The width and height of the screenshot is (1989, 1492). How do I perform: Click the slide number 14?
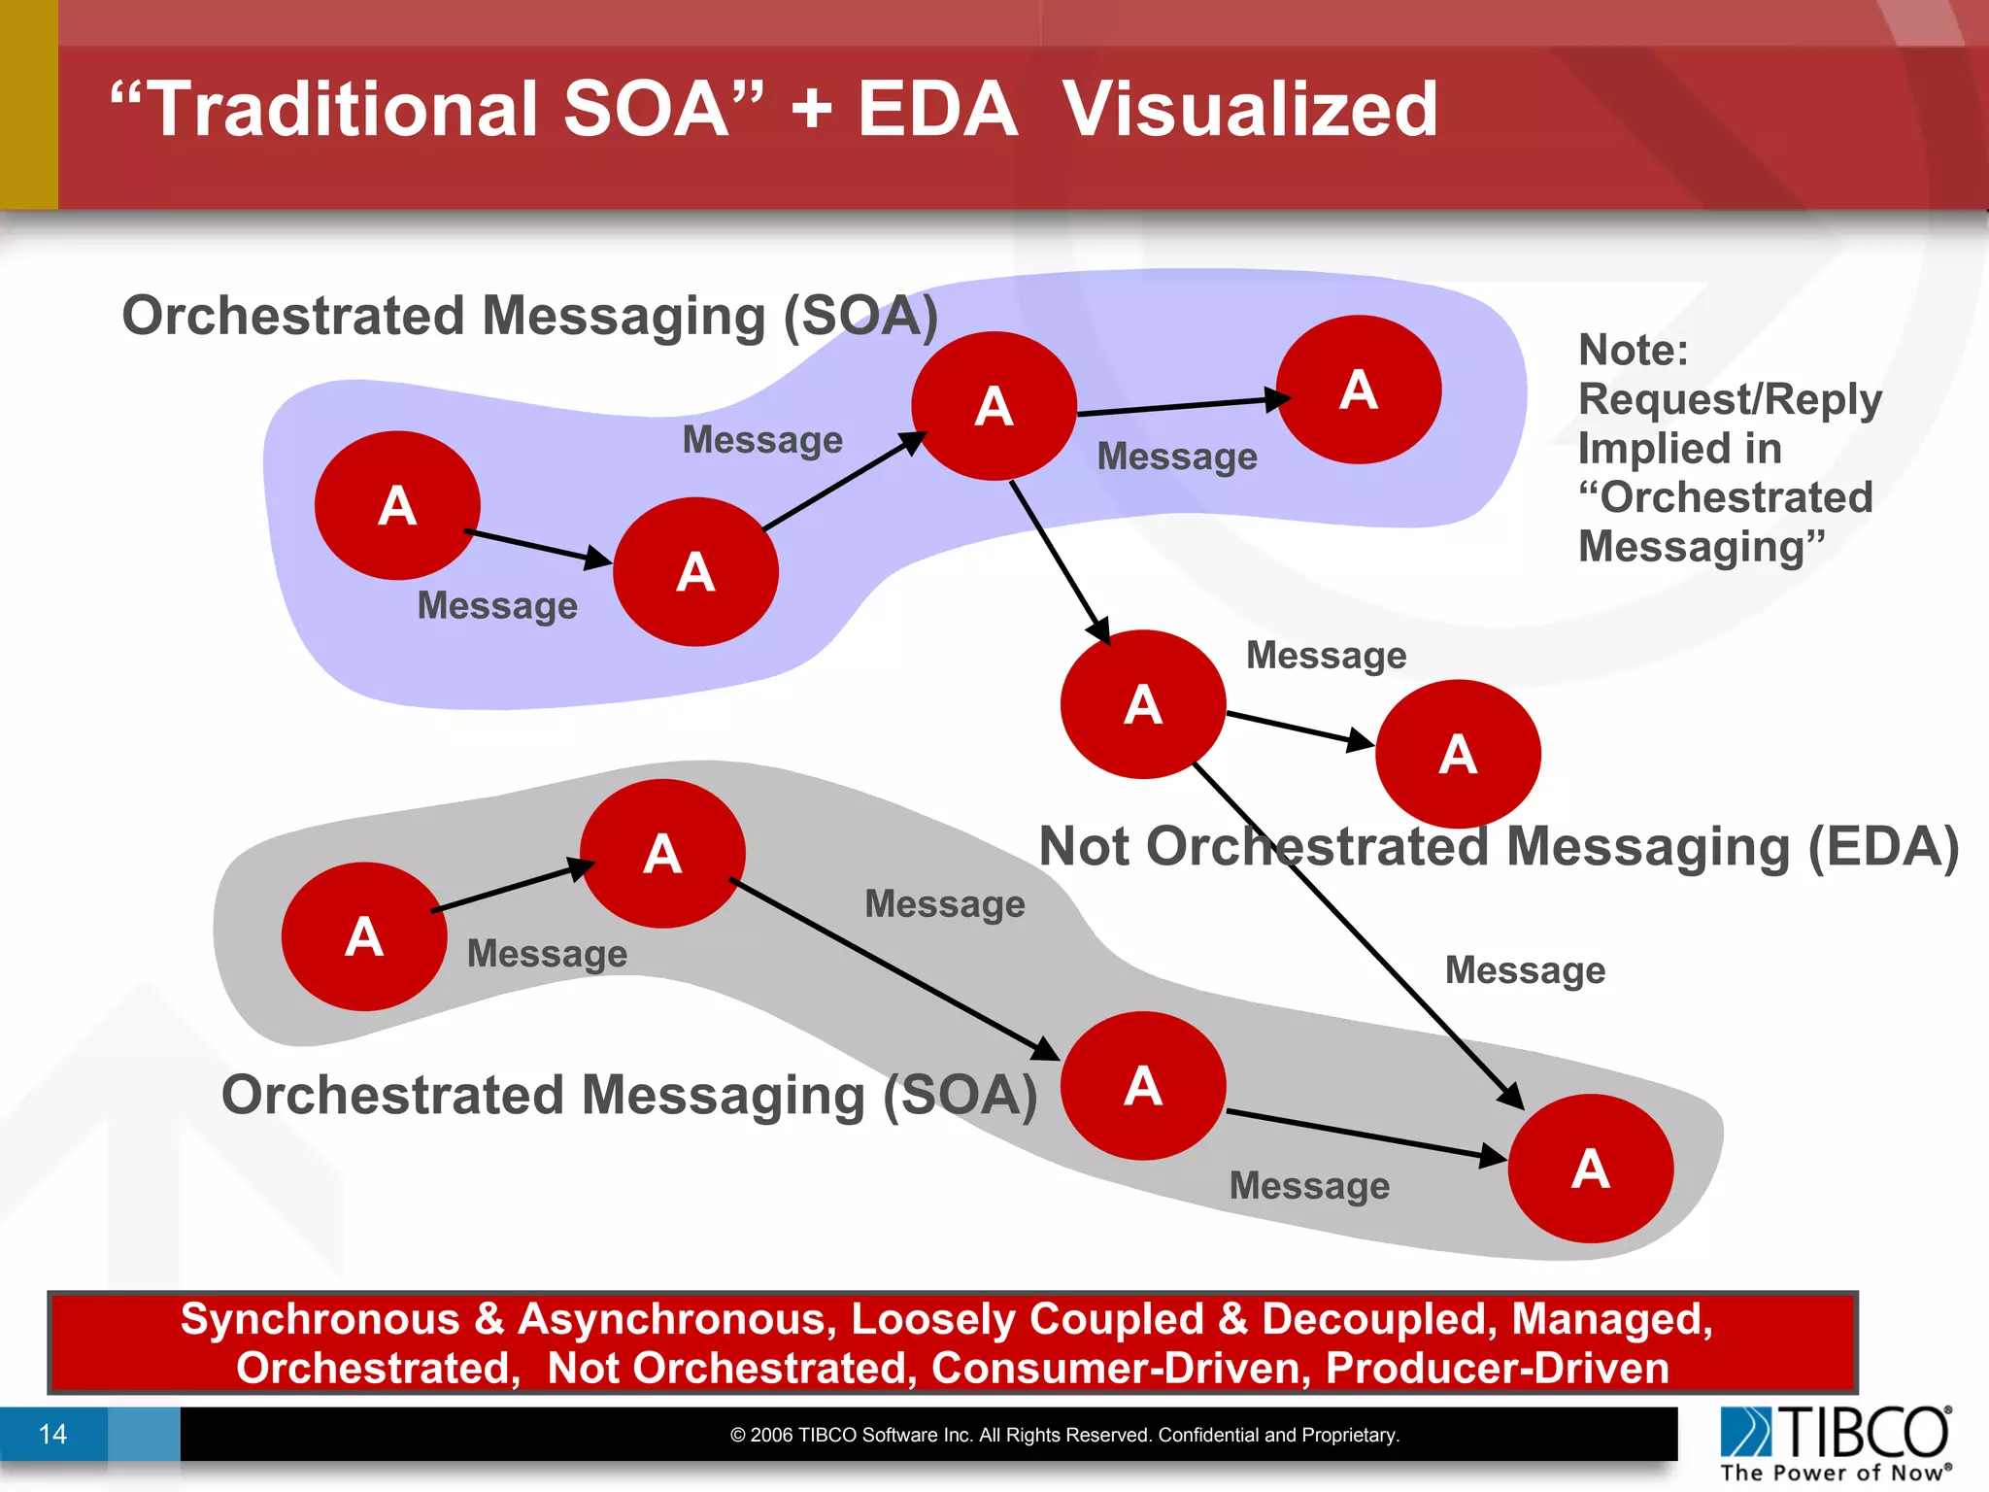[x=52, y=1434]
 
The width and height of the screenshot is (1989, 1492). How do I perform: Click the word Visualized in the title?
[x=1249, y=109]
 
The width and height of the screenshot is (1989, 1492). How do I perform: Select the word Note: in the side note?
[x=1633, y=350]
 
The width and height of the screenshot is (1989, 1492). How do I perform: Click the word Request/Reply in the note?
[x=1729, y=399]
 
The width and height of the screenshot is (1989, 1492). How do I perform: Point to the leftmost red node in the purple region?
[x=397, y=505]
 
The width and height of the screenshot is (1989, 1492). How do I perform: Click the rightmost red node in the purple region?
[x=1358, y=390]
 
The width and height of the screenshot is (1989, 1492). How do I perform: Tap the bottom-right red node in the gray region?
[x=1590, y=1168]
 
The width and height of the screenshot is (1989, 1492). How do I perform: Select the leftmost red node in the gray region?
[x=364, y=936]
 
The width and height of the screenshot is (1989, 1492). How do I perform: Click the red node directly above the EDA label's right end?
[x=1458, y=754]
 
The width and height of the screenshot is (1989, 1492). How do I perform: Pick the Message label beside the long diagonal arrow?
[x=1525, y=970]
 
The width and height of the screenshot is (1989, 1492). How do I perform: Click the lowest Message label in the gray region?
[x=1309, y=1186]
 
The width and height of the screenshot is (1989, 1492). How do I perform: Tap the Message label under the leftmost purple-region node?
[x=497, y=606]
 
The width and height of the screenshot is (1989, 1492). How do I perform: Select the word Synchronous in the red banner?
[x=320, y=1319]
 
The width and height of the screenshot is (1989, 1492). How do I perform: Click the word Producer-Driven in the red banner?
[x=1497, y=1368]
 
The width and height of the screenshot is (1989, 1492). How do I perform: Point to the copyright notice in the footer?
[x=1064, y=1435]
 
